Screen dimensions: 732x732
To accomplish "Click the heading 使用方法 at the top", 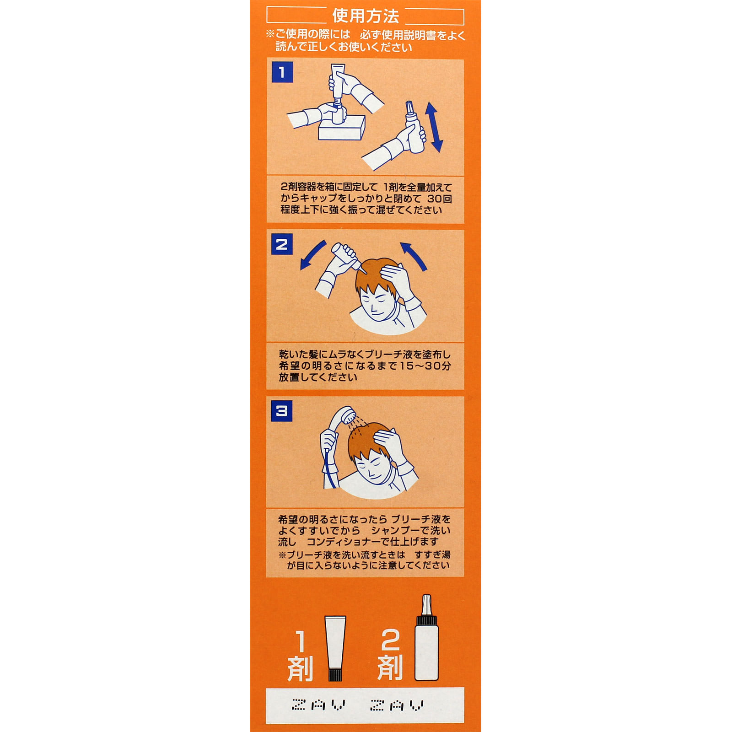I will point(366,16).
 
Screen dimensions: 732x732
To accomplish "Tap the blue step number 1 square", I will point(282,72).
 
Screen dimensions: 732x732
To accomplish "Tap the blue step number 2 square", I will point(282,244).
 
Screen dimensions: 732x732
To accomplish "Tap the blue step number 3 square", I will point(282,411).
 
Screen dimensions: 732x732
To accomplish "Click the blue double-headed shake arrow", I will point(434,127).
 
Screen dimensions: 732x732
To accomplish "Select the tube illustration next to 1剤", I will point(335,648).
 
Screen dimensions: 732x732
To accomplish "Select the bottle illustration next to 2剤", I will point(426,640).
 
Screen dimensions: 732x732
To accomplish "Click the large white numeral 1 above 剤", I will point(301,641).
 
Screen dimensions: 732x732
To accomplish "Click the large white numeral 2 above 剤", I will point(390,640).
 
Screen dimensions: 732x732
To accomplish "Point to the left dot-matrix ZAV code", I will point(319,705).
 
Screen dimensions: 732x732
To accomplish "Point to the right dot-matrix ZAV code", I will point(397,705).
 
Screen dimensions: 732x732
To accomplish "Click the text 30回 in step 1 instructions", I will point(440,199).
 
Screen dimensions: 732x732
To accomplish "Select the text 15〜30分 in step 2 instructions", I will point(425,366).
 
